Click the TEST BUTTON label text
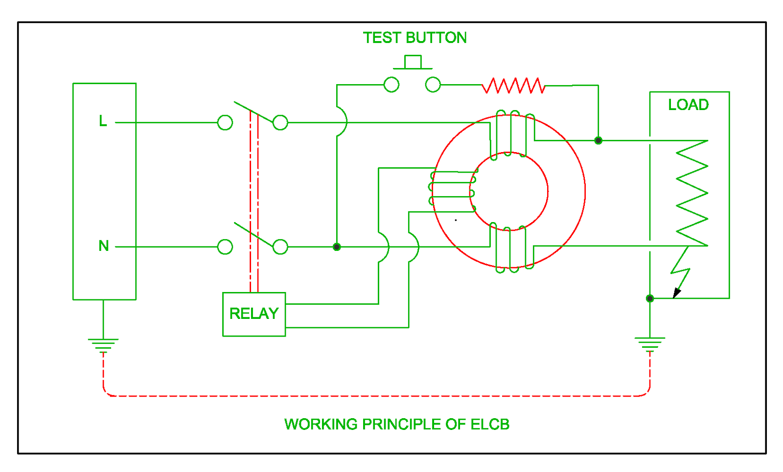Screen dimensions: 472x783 (x=415, y=38)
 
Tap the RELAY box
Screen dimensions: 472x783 (x=253, y=314)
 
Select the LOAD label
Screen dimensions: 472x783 (x=688, y=105)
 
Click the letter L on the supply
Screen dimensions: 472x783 (x=103, y=121)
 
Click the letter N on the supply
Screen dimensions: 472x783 (x=104, y=246)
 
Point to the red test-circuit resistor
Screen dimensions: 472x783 (x=513, y=86)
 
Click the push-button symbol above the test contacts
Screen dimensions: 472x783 (x=413, y=63)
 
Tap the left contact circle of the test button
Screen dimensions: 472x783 (x=391, y=85)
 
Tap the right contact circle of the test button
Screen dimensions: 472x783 (x=433, y=85)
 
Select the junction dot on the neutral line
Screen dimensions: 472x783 (x=337, y=247)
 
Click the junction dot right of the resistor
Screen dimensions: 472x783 (x=598, y=140)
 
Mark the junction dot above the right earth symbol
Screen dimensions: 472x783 (x=650, y=298)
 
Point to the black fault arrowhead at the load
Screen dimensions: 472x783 (x=677, y=292)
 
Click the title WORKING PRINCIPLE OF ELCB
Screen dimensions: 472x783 (x=396, y=424)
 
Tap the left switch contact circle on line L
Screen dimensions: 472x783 (x=225, y=122)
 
